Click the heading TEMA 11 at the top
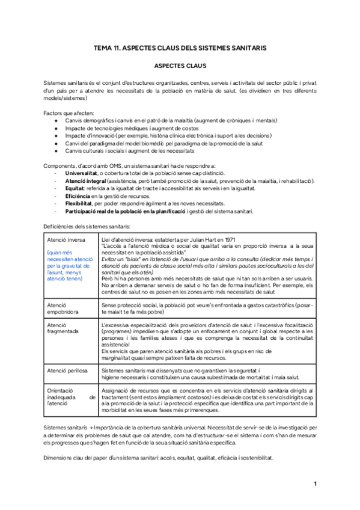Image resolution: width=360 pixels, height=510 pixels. point(180,47)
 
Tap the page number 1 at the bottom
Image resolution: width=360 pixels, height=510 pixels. point(316,484)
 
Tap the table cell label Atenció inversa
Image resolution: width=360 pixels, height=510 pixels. point(65,239)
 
